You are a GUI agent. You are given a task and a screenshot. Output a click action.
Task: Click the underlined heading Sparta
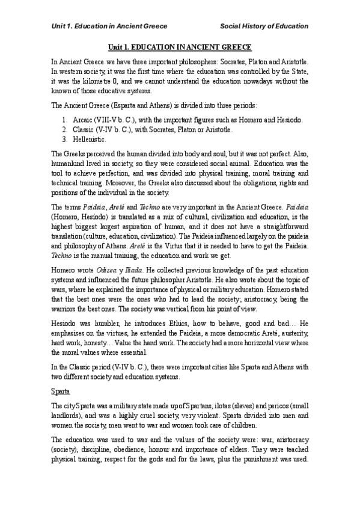point(59,391)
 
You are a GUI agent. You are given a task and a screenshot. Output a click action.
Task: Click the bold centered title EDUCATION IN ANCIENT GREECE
point(180,46)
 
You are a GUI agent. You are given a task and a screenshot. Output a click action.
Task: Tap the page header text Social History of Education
point(264,26)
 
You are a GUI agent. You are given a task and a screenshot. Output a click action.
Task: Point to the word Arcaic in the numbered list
point(83,120)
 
